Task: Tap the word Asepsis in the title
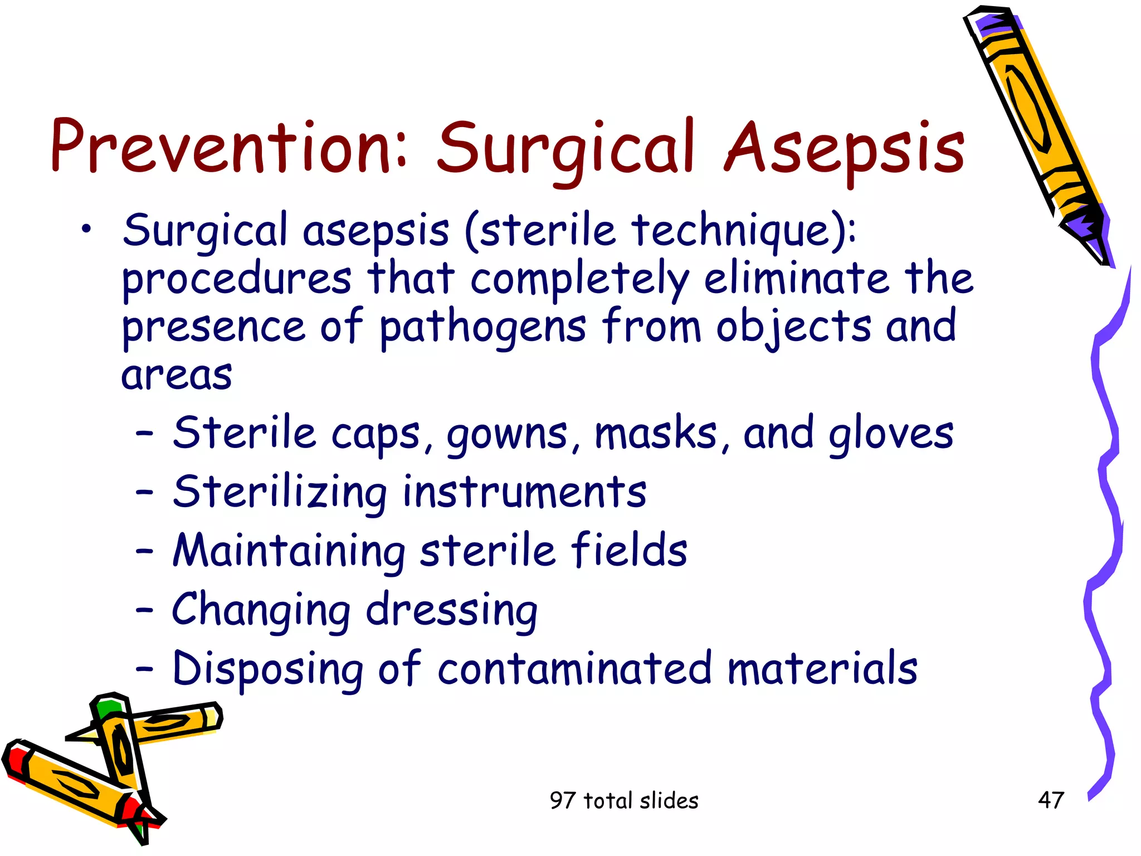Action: coord(844,149)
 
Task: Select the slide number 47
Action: coord(1051,800)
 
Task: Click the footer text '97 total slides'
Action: coord(623,801)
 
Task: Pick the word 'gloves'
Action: coord(891,435)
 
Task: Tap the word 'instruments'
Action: coord(524,493)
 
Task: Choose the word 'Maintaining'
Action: coord(289,552)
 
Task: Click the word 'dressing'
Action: coord(451,611)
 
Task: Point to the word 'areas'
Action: coord(177,375)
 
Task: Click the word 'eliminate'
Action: coord(797,279)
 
